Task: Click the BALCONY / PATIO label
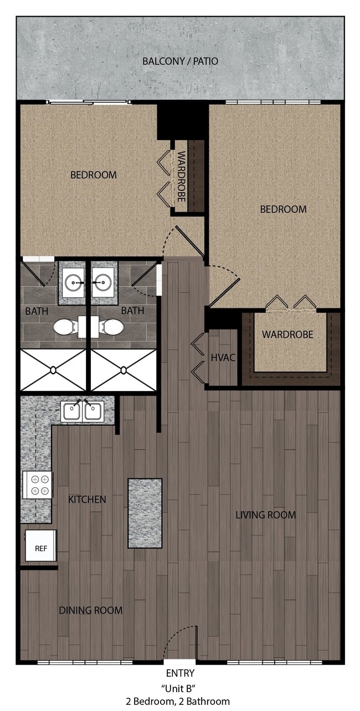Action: pos(180,61)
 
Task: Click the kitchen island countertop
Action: pos(145,513)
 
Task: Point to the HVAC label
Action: pos(223,358)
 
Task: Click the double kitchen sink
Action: pos(82,411)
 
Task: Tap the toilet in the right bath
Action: pos(112,327)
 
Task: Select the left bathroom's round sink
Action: pos(73,282)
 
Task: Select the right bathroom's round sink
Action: pos(103,282)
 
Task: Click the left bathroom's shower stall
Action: pos(53,369)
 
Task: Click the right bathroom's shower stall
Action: pos(124,369)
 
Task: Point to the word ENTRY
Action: pos(180,673)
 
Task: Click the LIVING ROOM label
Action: pos(265,515)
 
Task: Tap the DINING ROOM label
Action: pos(91,610)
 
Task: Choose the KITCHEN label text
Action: pos(87,499)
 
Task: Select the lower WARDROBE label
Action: pos(287,334)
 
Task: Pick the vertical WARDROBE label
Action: pos(181,176)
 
